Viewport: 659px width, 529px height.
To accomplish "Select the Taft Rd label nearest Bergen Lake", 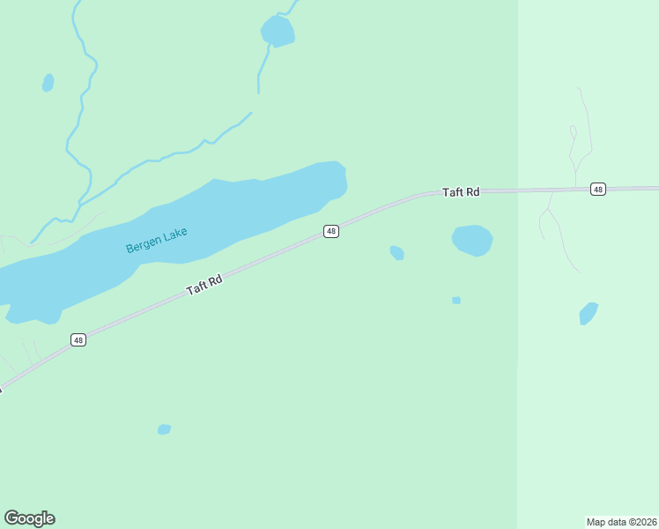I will [x=204, y=284].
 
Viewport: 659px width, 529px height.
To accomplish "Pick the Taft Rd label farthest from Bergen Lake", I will [x=460, y=191].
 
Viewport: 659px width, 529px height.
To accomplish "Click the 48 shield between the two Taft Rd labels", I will [x=330, y=231].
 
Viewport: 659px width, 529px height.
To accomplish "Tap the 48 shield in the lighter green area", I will [x=598, y=190].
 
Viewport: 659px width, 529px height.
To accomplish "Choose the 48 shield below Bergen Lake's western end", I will [x=78, y=339].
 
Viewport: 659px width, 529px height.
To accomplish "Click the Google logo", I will [x=29, y=518].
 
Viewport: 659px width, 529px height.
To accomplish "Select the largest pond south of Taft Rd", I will [x=472, y=240].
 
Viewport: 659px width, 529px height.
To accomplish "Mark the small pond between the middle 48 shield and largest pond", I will [x=397, y=253].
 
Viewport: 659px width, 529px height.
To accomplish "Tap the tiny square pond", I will [x=456, y=301].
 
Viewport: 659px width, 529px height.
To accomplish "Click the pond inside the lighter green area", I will [x=588, y=314].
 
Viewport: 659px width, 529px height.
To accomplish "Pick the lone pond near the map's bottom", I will [x=164, y=429].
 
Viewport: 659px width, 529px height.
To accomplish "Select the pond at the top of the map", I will [x=278, y=32].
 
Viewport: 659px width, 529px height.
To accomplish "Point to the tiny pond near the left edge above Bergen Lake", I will [x=48, y=83].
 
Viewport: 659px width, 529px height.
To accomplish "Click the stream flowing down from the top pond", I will [x=262, y=66].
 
